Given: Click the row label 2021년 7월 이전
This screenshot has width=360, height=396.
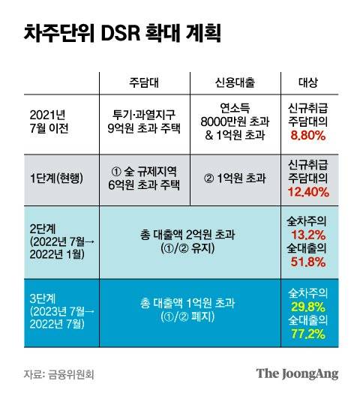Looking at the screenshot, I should tap(52, 121).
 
